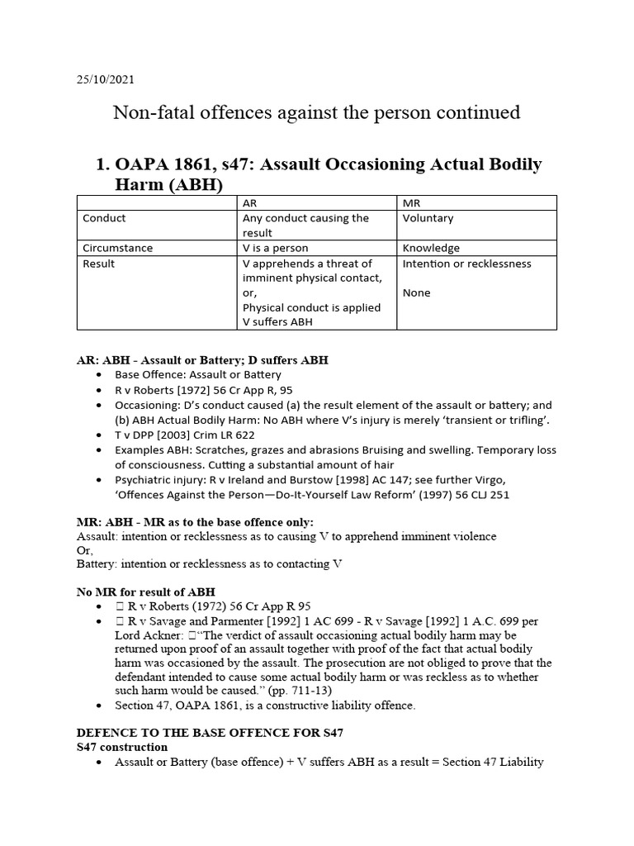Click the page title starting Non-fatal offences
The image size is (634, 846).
pos(316,112)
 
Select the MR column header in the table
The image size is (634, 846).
pos(411,202)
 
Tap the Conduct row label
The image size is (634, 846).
pos(104,219)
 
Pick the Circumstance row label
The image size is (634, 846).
pos(118,248)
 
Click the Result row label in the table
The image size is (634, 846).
pos(99,264)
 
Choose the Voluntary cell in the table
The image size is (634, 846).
pos(428,219)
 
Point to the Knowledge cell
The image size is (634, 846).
pos(431,248)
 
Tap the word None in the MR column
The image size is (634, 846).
pos(416,292)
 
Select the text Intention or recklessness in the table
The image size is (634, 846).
pos(466,264)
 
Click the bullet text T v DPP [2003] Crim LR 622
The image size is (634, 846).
pos(185,435)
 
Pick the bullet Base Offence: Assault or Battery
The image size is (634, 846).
pos(198,375)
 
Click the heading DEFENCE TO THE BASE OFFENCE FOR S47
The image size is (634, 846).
pos(210,733)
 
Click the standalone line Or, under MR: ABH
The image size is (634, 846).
pos(84,550)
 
